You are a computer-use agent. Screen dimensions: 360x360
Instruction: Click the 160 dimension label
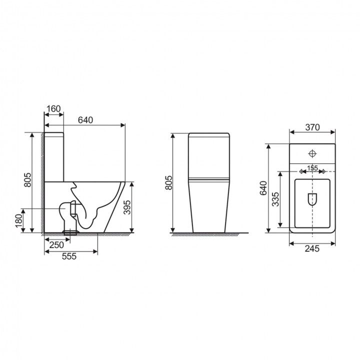(53, 108)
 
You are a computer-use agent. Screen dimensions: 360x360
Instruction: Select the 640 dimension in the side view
(85, 120)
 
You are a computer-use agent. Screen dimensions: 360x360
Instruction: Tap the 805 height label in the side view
(27, 179)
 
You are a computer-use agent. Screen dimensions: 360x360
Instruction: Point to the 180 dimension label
(19, 220)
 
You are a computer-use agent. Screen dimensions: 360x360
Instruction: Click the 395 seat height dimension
(127, 207)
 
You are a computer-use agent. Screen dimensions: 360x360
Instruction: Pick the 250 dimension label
(56, 245)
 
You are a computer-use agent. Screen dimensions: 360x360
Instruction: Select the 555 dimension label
(69, 256)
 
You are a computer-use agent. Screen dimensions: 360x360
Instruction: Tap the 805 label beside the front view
(169, 183)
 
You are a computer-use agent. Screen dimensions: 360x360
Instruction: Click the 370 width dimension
(312, 127)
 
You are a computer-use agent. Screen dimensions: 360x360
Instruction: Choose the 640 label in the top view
(263, 188)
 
